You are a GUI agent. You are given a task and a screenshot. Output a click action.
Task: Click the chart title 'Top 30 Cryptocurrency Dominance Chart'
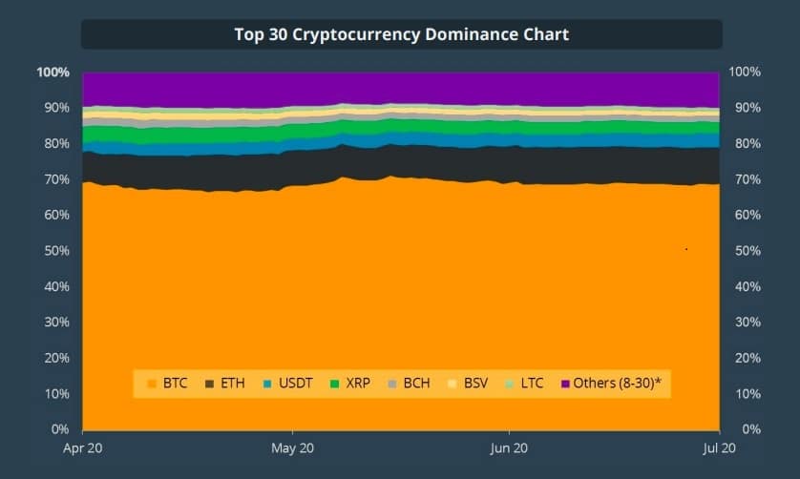click(401, 34)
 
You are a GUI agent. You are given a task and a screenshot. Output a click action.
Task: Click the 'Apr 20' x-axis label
click(82, 448)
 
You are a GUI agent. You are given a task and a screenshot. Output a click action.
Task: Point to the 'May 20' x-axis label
click(294, 448)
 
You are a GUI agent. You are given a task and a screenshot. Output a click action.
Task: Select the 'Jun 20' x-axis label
click(508, 448)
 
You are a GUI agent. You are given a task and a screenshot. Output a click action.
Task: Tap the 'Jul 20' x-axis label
click(719, 448)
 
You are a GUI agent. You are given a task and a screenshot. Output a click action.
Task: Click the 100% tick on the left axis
click(53, 73)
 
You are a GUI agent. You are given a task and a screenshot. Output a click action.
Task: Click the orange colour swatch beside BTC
click(151, 384)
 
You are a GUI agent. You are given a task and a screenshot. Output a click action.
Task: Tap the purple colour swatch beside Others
click(565, 384)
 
